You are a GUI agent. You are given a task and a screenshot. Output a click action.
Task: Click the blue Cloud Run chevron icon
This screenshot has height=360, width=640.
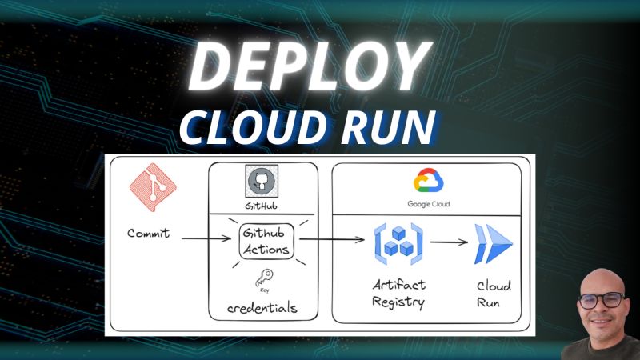click(x=491, y=244)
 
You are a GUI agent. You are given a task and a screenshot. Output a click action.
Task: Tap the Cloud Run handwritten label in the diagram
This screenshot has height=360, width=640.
click(x=494, y=294)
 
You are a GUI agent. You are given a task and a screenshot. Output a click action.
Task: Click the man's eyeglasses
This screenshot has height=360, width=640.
click(x=600, y=300)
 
